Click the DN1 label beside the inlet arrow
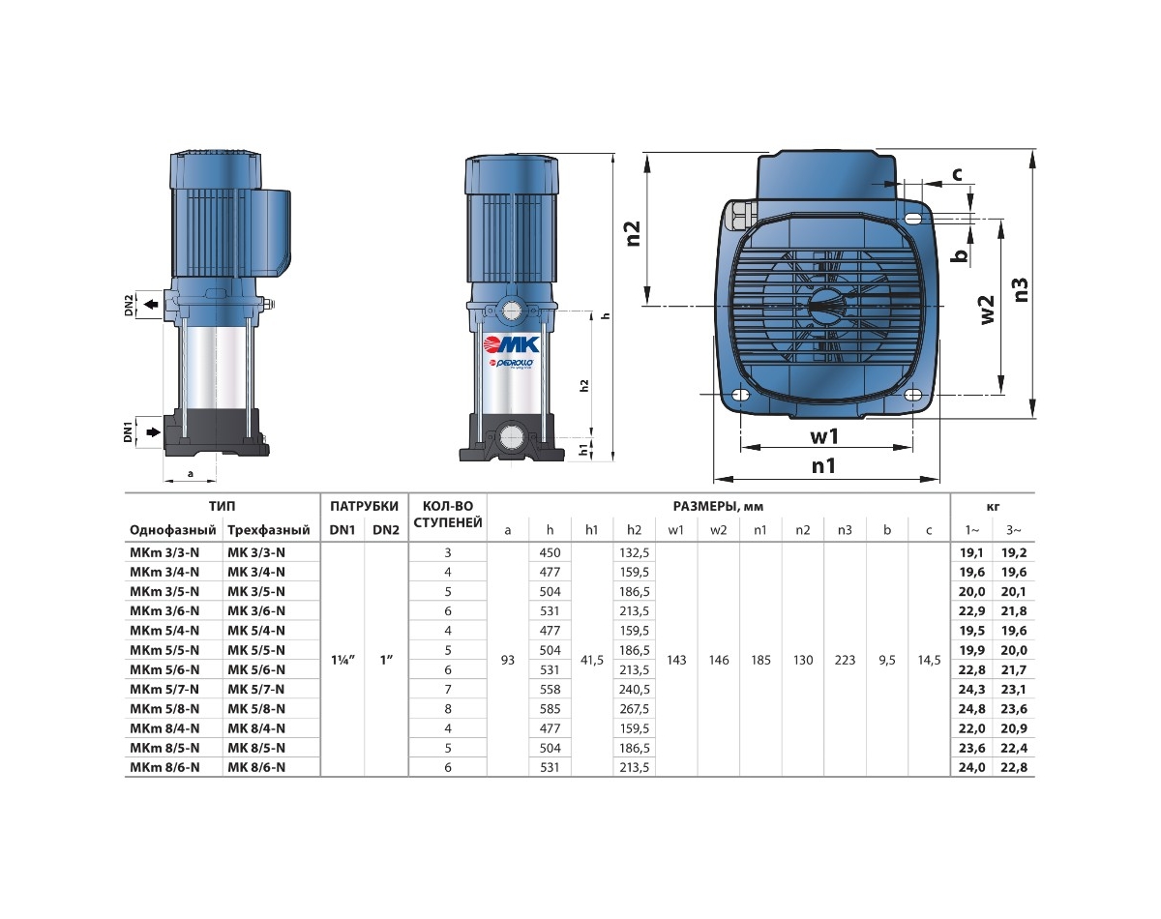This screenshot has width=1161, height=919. pyautogui.click(x=128, y=431)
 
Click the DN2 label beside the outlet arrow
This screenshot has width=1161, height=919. pyautogui.click(x=129, y=305)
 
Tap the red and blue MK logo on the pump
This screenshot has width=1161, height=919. pyautogui.click(x=512, y=344)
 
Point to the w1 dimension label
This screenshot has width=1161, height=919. pyautogui.click(x=824, y=436)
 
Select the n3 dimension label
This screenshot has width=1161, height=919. pyautogui.click(x=1019, y=290)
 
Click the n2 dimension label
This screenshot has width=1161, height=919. pyautogui.click(x=633, y=233)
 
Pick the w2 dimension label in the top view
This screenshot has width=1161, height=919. pyautogui.click(x=986, y=310)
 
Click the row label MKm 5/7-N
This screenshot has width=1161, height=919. pyautogui.click(x=164, y=689)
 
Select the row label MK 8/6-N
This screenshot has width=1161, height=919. pyautogui.click(x=256, y=767)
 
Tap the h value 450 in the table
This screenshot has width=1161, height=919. pyautogui.click(x=550, y=552)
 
